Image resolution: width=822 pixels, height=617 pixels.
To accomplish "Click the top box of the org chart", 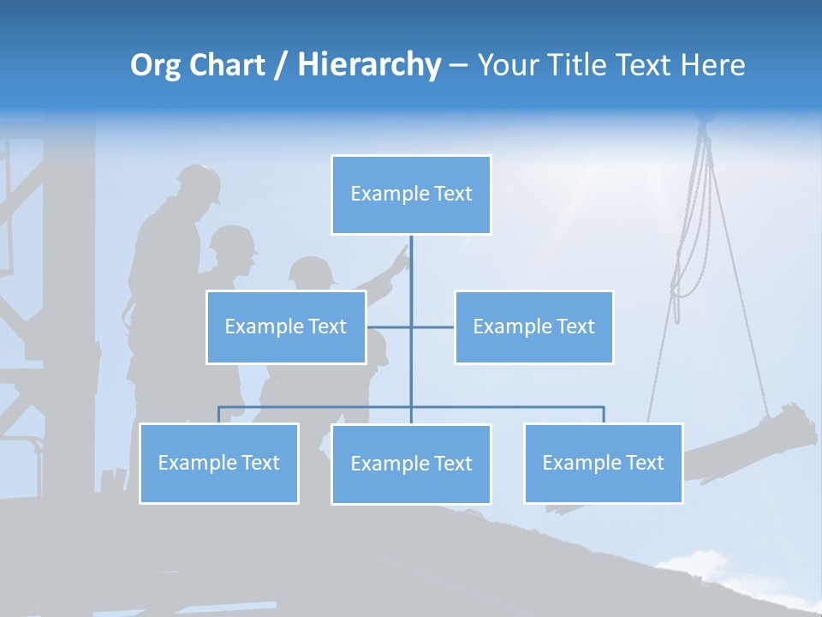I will pos(411,195).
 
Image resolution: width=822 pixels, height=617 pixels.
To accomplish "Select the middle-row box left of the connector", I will pos(286,326).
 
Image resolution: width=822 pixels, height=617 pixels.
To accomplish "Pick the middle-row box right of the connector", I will pos(533,326).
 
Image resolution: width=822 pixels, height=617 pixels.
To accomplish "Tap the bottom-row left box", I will pos(219,463).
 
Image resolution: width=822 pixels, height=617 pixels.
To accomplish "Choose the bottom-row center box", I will pos(411,464).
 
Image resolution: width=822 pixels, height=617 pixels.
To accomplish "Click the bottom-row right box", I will pos(603,463).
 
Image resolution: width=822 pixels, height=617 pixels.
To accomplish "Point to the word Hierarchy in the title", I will pos(369,65).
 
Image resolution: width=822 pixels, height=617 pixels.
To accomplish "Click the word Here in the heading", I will pos(713,65).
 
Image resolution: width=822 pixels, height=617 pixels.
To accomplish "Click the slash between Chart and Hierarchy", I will pos(281,66).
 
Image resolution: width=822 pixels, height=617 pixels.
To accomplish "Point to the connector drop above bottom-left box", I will pos(219,415).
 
